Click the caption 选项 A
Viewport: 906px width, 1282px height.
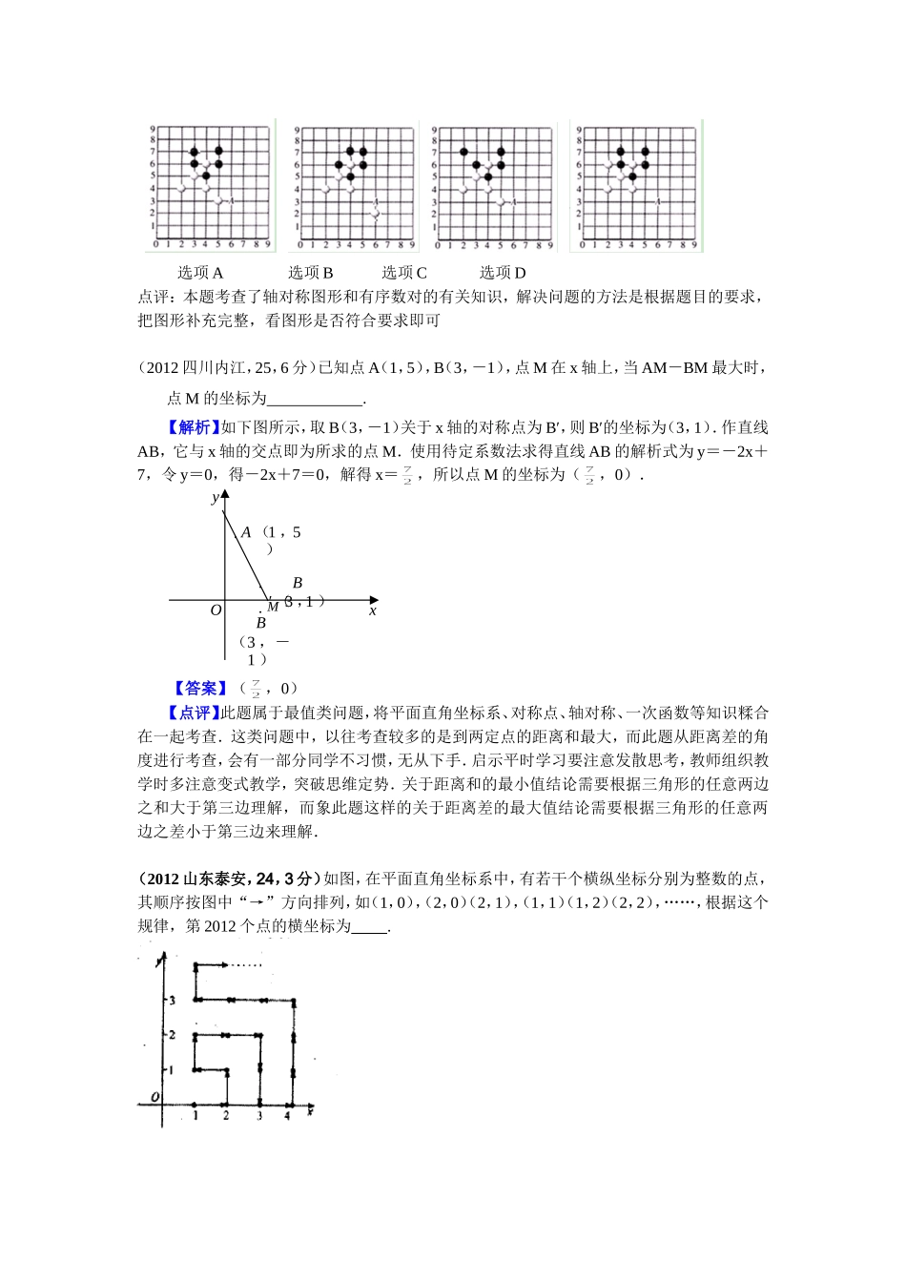pyautogui.click(x=200, y=273)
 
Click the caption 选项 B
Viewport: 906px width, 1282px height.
pyautogui.click(x=311, y=273)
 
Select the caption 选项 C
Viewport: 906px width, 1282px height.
pyautogui.click(x=404, y=273)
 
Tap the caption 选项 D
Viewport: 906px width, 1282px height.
pyautogui.click(x=503, y=273)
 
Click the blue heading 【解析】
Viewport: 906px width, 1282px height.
pyautogui.click(x=194, y=427)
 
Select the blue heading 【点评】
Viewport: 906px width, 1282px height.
pyautogui.click(x=194, y=713)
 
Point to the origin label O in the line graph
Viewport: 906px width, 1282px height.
pyautogui.click(x=216, y=610)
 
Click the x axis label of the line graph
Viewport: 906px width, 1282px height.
pyautogui.click(x=373, y=610)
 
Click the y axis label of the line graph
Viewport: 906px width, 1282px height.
pyautogui.click(x=215, y=498)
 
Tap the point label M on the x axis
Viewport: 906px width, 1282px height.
pyautogui.click(x=273, y=606)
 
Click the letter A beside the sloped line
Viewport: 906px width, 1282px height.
pyautogui.click(x=246, y=532)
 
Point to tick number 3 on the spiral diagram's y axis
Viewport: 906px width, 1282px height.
pyautogui.click(x=173, y=1000)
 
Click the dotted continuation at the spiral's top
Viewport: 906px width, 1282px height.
pyautogui.click(x=245, y=965)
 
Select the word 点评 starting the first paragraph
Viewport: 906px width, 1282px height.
pyautogui.click(x=153, y=297)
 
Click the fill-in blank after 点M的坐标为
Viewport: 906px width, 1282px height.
pyautogui.click(x=315, y=399)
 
